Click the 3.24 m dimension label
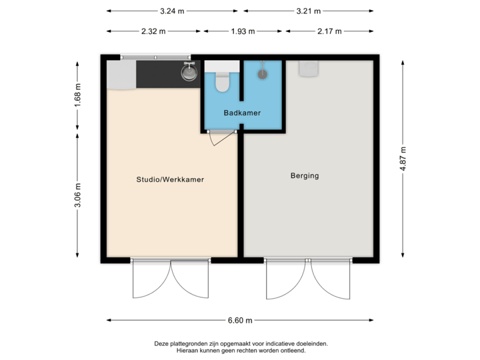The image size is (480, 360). click(172, 11)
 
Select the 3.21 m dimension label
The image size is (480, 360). click(309, 11)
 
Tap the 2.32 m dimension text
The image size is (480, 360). click(153, 31)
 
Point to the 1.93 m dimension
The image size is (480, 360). click(243, 31)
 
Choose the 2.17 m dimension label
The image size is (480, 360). click(330, 31)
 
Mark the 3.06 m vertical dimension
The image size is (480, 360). click(78, 195)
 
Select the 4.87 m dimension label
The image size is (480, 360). click(402, 159)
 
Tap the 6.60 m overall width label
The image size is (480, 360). click(240, 321)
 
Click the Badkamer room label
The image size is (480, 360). click(242, 113)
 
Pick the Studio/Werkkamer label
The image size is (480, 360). click(170, 179)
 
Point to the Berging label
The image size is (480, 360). click(305, 176)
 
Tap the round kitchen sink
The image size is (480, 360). click(189, 72)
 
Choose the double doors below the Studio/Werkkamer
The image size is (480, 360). click(171, 280)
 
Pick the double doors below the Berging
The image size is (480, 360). click(309, 280)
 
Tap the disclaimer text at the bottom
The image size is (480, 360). click(240, 347)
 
